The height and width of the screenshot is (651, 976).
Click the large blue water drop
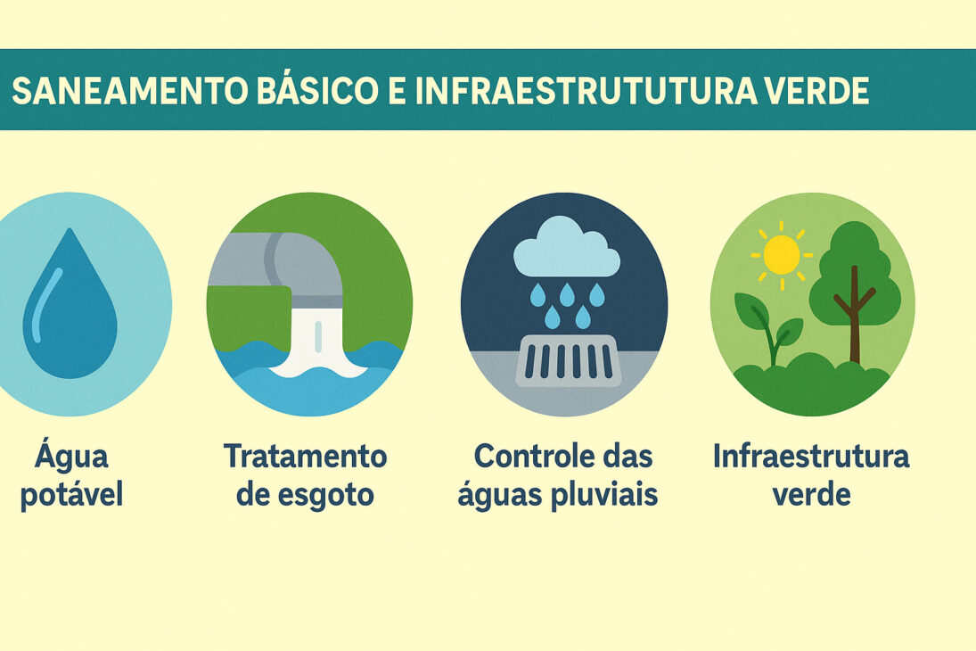[x=70, y=308]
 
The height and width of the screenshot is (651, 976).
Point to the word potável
[x=71, y=495]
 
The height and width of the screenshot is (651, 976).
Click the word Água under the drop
[x=71, y=457]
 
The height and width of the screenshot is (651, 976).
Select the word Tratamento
[x=306, y=457]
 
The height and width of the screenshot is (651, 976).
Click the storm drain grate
[x=567, y=360]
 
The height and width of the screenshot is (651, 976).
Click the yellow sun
[x=782, y=255]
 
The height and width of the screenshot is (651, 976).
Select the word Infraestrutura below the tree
[x=811, y=457]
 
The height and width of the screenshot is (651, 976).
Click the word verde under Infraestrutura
[x=811, y=495]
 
